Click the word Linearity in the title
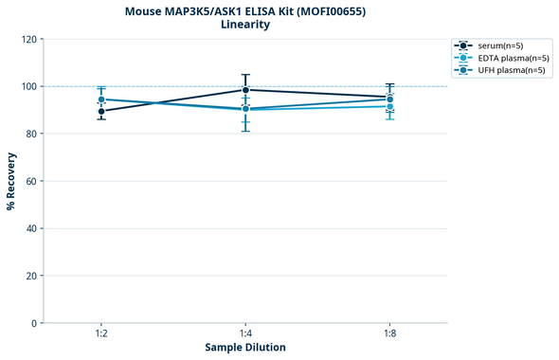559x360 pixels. (x=244, y=25)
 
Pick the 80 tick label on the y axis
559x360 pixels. (x=29, y=134)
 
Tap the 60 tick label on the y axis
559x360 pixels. (x=29, y=181)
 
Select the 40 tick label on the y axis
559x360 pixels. (x=29, y=228)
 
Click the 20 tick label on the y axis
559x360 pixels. (x=29, y=276)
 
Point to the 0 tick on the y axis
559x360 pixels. (x=32, y=323)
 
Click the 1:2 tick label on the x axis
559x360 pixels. (x=101, y=334)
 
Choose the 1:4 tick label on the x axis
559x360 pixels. (x=245, y=334)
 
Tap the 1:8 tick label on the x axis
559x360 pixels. (x=389, y=334)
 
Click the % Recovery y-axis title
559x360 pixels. (x=11, y=181)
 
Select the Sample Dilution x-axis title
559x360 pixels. (x=245, y=348)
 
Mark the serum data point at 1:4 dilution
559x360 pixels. (x=245, y=90)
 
